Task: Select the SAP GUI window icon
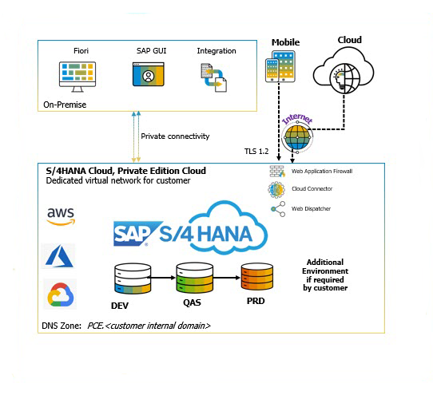pyautogui.click(x=148, y=76)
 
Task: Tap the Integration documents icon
pyautogui.click(x=214, y=77)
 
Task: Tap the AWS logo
pyautogui.click(x=61, y=215)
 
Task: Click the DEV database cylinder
pyautogui.click(x=132, y=279)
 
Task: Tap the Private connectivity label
pyautogui.click(x=175, y=136)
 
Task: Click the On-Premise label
pyautogui.click(x=66, y=105)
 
